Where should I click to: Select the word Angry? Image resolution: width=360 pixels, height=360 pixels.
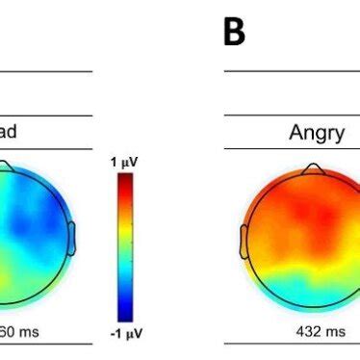[317, 133]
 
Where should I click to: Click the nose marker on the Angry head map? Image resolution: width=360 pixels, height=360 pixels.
[311, 168]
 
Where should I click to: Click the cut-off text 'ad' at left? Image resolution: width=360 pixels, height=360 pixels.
[9, 133]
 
